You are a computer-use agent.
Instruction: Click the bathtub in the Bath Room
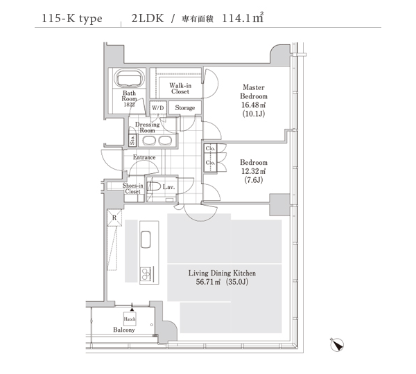[129, 78]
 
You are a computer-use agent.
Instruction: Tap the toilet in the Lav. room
[154, 186]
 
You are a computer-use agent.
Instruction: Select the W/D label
[158, 108]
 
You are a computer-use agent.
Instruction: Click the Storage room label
[185, 108]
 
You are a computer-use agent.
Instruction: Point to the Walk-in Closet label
[180, 89]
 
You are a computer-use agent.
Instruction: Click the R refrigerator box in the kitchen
[114, 218]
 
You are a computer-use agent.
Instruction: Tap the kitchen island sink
[146, 240]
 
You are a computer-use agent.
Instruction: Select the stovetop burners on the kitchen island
[146, 274]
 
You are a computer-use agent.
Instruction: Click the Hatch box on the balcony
[130, 319]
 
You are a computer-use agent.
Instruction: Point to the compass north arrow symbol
[337, 345]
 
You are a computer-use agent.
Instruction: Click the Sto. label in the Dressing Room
[132, 140]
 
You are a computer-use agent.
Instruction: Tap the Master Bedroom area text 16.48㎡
[253, 105]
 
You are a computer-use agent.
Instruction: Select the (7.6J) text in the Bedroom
[253, 180]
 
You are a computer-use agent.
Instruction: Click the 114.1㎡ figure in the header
[243, 18]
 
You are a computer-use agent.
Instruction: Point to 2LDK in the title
[148, 18]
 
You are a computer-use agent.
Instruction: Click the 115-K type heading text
[72, 19]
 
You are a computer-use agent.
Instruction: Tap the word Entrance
[144, 157]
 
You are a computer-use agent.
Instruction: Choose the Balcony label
[124, 330]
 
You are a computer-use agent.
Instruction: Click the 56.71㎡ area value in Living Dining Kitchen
[208, 282]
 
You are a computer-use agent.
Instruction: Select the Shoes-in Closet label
[132, 188]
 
